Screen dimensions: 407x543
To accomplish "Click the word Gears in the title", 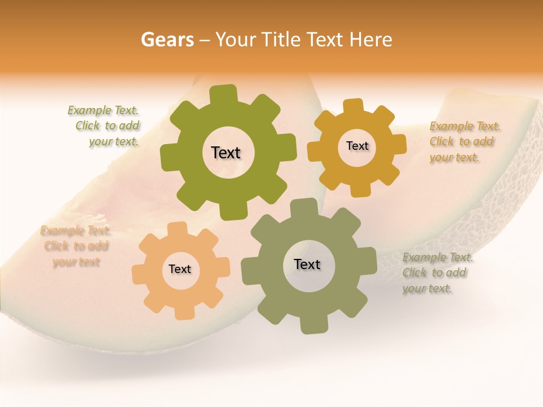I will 167,40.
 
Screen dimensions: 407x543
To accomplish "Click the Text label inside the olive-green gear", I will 226,153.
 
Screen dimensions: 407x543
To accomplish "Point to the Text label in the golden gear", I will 357,146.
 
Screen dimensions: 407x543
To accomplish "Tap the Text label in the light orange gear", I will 180,269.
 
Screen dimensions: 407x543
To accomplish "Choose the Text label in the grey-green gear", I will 307,265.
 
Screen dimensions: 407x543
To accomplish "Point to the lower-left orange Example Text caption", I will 76,246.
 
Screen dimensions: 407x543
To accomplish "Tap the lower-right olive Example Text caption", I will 437,272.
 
